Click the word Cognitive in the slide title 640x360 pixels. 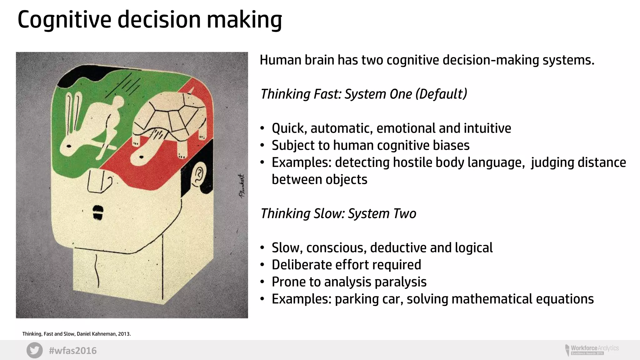(64, 20)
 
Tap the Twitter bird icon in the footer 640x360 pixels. (34, 350)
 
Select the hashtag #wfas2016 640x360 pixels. (72, 351)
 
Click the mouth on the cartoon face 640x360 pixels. (98, 212)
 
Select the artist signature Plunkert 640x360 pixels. (242, 186)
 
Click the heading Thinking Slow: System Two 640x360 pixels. (338, 214)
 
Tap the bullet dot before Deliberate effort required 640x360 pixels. (262, 265)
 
